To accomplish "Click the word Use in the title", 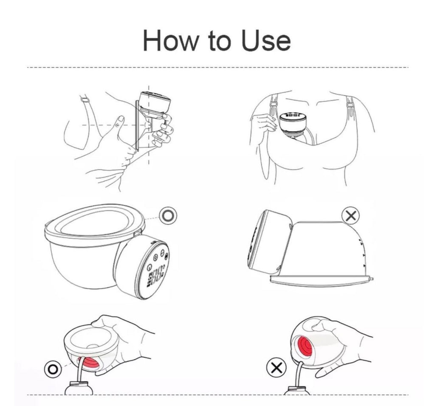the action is [266, 41].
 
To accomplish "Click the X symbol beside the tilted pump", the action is [350, 216].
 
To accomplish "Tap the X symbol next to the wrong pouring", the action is [276, 368].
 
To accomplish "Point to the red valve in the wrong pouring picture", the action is [304, 346].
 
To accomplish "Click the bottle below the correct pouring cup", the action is [79, 388].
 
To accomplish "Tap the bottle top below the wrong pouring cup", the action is [297, 390].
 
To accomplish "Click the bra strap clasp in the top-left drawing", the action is [85, 99].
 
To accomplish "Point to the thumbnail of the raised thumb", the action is [121, 120].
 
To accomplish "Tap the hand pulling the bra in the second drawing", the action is [263, 123].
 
